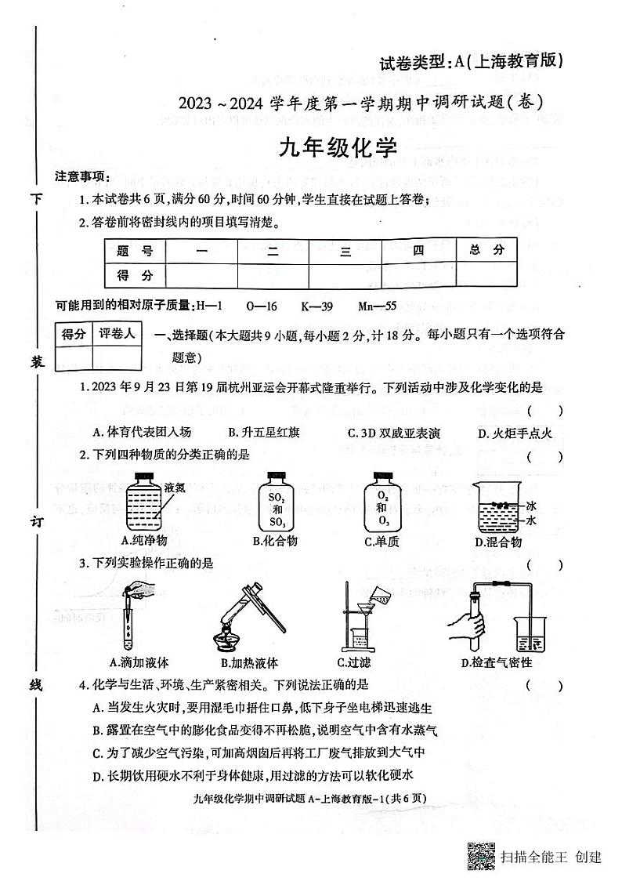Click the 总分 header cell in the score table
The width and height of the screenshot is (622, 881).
[x=486, y=251]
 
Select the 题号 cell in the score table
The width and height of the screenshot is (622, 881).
[x=135, y=251]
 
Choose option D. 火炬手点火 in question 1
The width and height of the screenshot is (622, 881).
[x=515, y=433]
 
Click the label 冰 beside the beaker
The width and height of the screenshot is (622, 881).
[x=531, y=506]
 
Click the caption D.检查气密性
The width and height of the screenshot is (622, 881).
[x=501, y=662]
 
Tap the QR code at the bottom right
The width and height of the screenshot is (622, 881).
[x=480, y=855]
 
